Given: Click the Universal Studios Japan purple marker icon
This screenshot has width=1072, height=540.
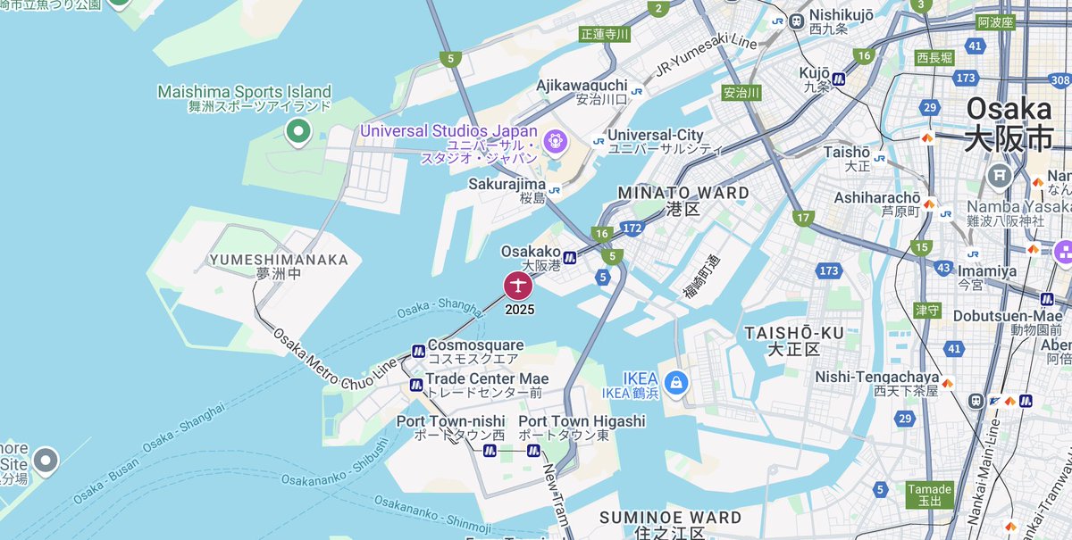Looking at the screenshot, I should [555, 140].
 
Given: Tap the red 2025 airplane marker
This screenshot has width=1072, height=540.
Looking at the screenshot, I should [518, 287].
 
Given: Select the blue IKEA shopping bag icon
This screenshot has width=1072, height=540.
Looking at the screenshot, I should [676, 381].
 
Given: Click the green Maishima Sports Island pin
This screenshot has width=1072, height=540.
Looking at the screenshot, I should [297, 133].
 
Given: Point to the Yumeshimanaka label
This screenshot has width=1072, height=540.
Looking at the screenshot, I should [278, 260].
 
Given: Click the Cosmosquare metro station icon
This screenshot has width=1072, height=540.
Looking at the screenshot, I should [417, 350].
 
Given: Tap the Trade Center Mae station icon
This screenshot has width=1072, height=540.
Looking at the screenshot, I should [415, 385].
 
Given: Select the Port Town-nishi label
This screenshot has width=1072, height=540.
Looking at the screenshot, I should [450, 421].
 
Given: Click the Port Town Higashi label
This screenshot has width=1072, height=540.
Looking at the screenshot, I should [581, 421].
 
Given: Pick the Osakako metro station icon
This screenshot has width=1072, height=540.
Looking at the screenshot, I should [569, 258].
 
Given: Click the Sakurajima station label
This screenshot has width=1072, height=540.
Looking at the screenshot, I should [507, 184].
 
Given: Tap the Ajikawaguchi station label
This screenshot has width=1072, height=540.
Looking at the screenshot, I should [582, 86].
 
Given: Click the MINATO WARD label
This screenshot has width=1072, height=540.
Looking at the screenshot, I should [683, 193].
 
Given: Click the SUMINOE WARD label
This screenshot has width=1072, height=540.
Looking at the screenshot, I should [670, 518].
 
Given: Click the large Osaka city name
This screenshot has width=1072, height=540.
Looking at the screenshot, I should [1009, 109].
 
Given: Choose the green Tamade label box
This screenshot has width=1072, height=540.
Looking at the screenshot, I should [929, 494].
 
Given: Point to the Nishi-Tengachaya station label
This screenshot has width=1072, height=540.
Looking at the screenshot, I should [876, 378].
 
